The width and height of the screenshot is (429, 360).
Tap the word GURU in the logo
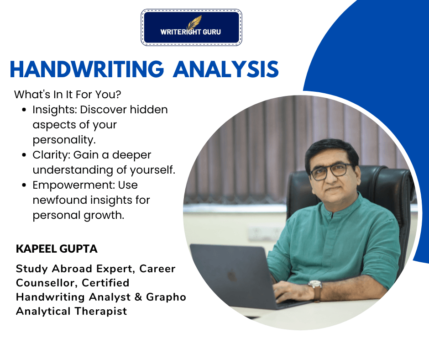coord(212,32)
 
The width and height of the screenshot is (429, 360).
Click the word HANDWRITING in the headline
coord(87,69)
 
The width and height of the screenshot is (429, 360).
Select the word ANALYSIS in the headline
coord(226,69)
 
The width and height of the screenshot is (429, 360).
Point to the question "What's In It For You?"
coord(68,95)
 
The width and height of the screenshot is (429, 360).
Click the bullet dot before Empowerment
coord(24,185)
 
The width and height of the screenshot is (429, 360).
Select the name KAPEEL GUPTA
coord(57,249)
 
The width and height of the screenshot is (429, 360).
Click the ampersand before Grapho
coord(138,297)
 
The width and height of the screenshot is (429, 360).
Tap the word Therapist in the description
coord(101,312)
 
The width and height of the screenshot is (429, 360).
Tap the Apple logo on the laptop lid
coord(232,275)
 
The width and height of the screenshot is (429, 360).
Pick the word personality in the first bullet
coord(64,140)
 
